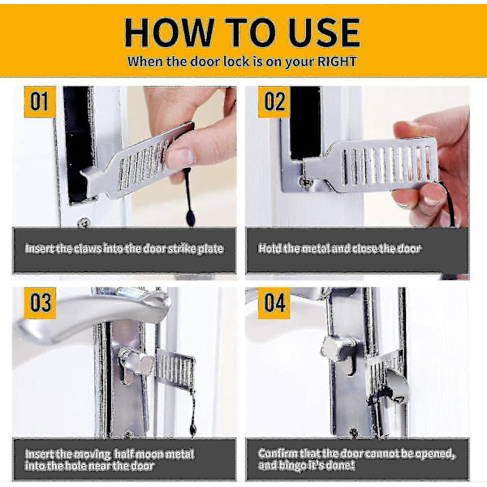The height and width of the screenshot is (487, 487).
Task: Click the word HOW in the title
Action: tap(170, 32)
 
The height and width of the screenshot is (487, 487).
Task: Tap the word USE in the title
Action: tap(324, 32)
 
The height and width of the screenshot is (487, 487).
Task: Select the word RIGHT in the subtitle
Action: tap(336, 62)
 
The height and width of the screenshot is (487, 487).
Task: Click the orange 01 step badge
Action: tap(40, 102)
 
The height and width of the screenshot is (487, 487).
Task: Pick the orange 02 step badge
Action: tap(274, 102)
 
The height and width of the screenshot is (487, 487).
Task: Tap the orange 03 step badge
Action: tap(40, 303)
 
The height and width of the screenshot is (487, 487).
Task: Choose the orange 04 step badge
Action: tap(274, 303)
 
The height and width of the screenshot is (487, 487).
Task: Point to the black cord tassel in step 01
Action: tap(190, 218)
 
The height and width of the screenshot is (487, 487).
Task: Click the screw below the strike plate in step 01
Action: tap(84, 222)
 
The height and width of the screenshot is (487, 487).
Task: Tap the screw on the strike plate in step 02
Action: tap(305, 182)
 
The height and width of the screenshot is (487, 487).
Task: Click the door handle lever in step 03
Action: tap(93, 313)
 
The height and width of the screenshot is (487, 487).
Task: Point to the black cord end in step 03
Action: tap(193, 430)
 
